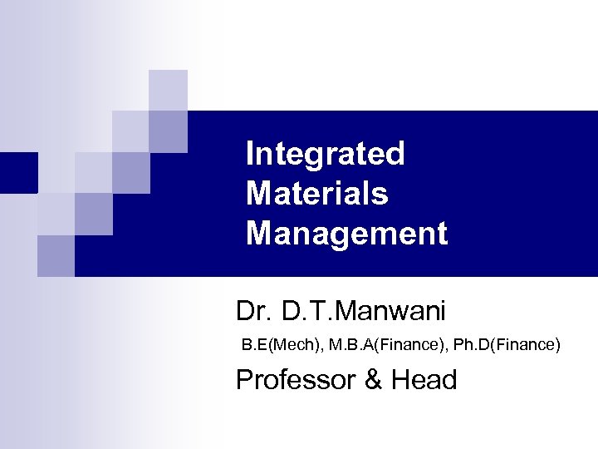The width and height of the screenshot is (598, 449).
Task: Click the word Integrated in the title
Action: (325, 154)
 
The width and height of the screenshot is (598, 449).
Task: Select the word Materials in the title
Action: (316, 194)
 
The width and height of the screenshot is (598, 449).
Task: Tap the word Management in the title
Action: (346, 234)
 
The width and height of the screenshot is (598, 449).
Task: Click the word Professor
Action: (297, 379)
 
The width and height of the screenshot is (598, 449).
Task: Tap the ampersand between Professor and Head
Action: (375, 379)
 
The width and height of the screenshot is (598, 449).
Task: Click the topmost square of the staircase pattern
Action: (168, 90)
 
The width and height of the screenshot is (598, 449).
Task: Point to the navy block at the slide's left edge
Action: (18, 172)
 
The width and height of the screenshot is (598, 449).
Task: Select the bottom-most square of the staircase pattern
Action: (56, 255)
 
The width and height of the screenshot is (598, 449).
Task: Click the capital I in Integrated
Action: (250, 154)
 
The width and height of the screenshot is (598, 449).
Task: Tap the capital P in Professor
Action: (245, 379)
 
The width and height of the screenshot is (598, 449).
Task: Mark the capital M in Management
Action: (258, 234)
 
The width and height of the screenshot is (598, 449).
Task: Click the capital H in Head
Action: (401, 379)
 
